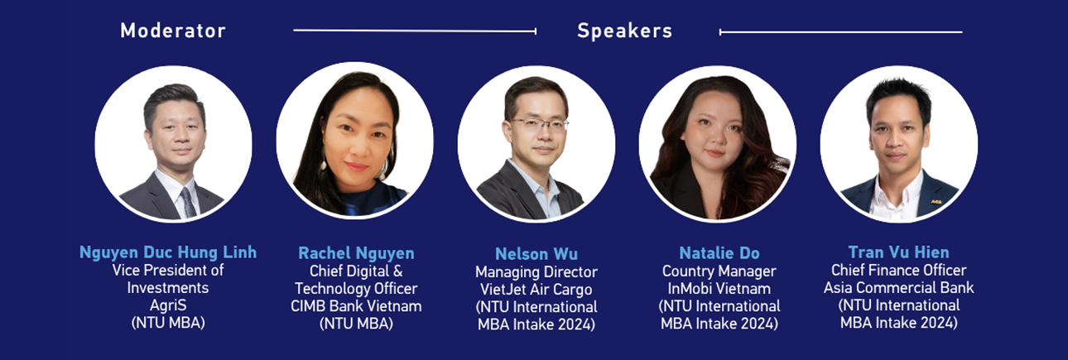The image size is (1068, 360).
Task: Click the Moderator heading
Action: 173,31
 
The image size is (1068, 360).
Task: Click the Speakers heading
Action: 624,31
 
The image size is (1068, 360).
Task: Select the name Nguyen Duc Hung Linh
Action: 168,252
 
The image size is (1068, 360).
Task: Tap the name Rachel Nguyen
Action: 356,253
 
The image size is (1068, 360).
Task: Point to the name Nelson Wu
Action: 536,254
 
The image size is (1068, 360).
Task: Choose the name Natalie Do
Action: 719,252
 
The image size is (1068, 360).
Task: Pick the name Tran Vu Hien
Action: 899,252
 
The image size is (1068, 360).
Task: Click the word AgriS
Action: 168,305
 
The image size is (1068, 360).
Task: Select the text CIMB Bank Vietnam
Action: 356,305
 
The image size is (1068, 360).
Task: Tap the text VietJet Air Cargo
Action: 536,290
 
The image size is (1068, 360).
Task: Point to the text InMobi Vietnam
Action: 719,289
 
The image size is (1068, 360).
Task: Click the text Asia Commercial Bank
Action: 899,287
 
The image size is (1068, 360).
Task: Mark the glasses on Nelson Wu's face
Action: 539,125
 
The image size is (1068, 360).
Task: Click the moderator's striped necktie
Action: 188,202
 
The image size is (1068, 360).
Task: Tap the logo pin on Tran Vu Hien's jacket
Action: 936,202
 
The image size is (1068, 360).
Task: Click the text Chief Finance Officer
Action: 899,270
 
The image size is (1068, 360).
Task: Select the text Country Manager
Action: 719,271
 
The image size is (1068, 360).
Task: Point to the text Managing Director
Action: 536,271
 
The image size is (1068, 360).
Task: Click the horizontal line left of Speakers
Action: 415,31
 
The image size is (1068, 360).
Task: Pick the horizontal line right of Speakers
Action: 841,32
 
